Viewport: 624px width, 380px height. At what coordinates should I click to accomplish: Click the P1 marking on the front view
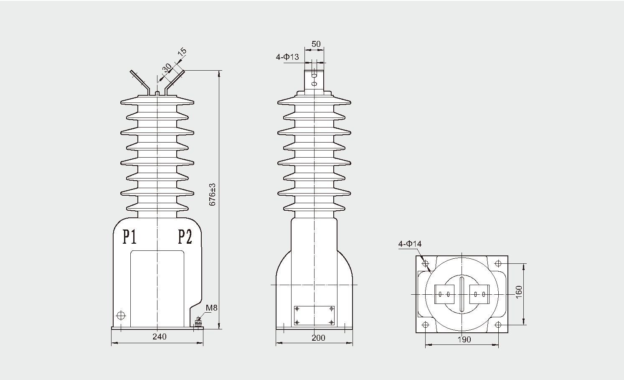(x=129, y=237)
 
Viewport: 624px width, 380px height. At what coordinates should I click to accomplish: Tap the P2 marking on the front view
(x=185, y=237)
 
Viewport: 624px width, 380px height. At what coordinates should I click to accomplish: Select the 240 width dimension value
(x=160, y=337)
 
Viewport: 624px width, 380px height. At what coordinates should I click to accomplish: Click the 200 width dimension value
(x=318, y=338)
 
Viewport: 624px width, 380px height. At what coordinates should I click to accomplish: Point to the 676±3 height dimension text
(x=212, y=195)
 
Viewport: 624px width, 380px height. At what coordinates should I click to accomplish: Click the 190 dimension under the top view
(x=464, y=339)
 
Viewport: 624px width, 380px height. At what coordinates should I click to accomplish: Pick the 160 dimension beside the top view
(x=519, y=292)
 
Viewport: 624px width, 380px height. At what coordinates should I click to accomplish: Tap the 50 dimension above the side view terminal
(x=316, y=44)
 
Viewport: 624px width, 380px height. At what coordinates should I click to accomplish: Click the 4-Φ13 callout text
(x=287, y=57)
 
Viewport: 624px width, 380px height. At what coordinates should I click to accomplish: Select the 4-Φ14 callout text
(x=410, y=244)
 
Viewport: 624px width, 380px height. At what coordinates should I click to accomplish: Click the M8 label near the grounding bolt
(x=211, y=308)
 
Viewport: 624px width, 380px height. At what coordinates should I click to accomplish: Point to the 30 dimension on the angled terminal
(x=167, y=68)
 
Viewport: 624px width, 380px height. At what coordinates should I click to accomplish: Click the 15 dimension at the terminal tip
(x=182, y=52)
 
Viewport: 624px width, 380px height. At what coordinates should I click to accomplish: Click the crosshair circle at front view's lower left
(x=121, y=315)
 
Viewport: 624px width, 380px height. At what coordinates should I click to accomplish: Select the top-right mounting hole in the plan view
(x=498, y=263)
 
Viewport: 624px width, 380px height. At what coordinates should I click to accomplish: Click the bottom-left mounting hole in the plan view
(x=425, y=325)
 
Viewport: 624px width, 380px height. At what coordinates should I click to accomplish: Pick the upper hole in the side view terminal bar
(x=314, y=76)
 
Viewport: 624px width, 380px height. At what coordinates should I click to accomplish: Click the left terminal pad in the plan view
(x=444, y=294)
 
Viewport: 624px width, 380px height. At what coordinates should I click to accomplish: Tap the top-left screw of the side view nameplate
(x=297, y=309)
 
